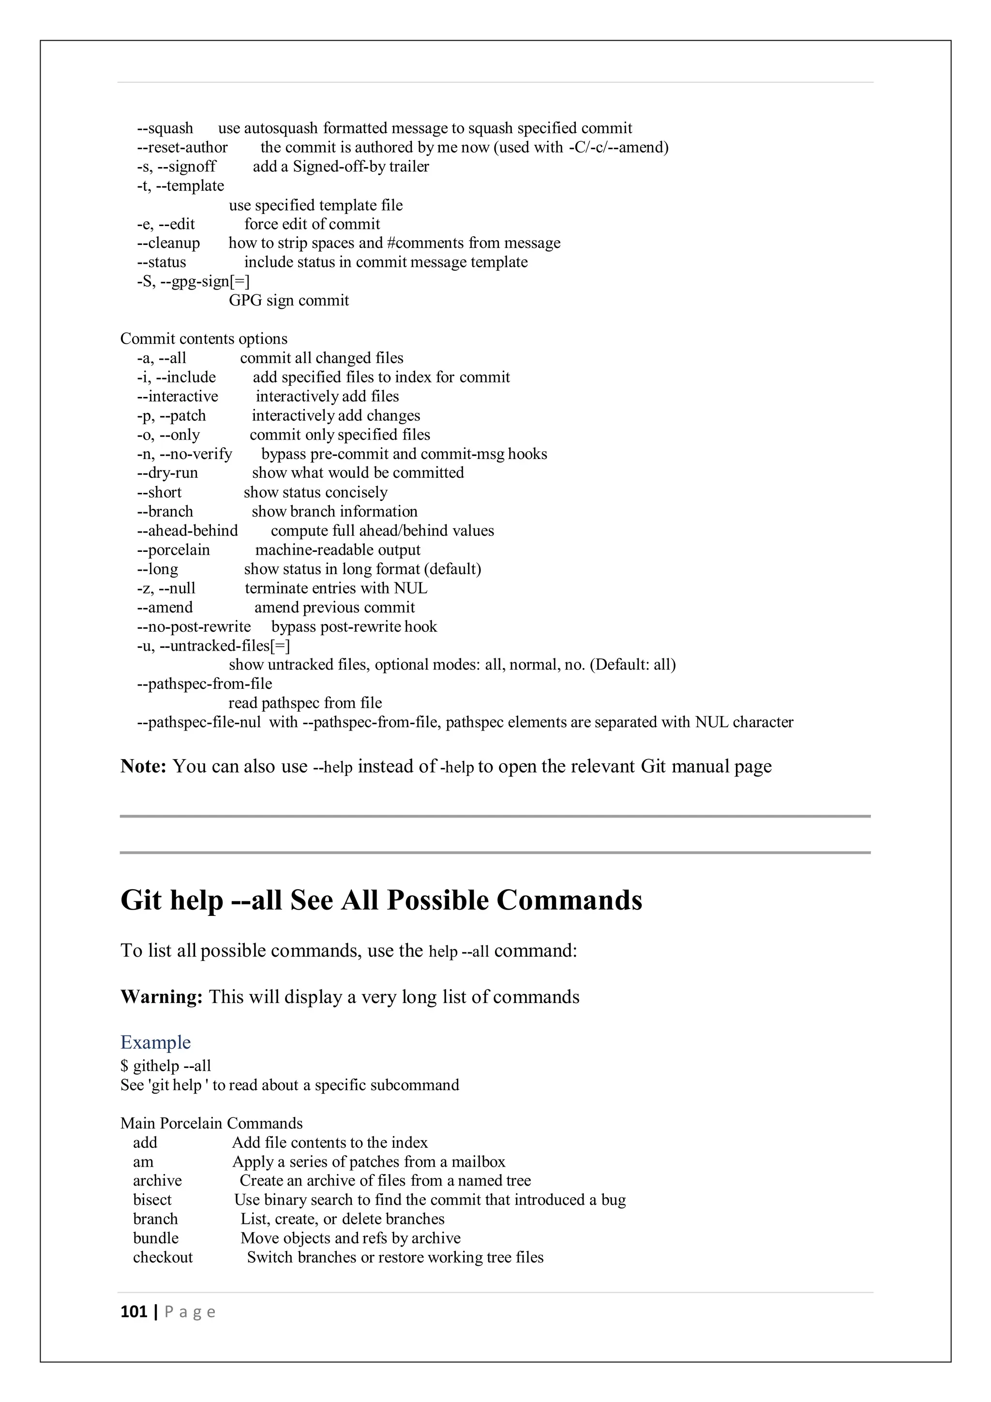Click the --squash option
[165, 128]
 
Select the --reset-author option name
[182, 148]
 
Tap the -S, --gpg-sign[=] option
[193, 281]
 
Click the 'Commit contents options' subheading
[204, 339]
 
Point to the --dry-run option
[167, 472]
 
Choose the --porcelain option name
[173, 549]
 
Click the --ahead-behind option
[187, 531]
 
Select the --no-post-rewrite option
[194, 626]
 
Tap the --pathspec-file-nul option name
[199, 722]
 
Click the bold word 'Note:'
[143, 766]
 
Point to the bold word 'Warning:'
[162, 997]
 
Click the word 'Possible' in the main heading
[438, 900]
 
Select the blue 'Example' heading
[156, 1042]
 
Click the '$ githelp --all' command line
[166, 1066]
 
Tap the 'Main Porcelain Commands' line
[211, 1124]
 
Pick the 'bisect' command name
[152, 1200]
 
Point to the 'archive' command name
[157, 1181]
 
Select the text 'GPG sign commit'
[288, 301]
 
